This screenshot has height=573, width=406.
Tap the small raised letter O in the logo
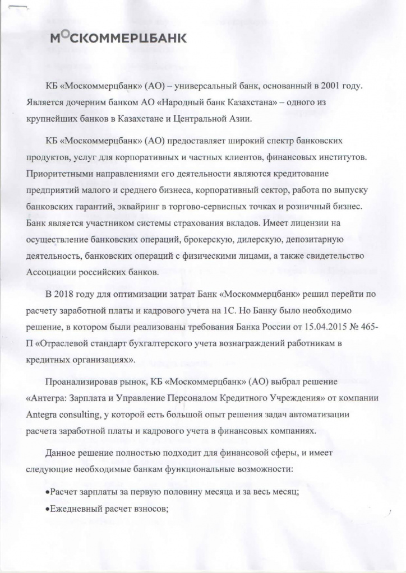[x=64, y=34]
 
